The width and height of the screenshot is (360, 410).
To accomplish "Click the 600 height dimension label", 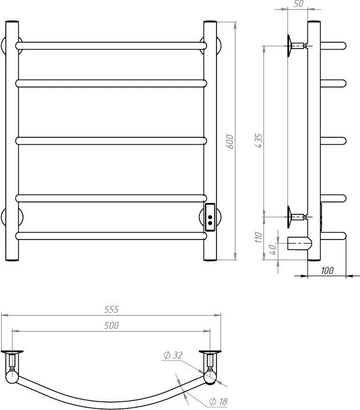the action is tap(230, 141).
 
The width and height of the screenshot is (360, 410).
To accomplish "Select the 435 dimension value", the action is tap(258, 141).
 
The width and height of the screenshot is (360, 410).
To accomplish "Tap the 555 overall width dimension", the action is tap(111, 309).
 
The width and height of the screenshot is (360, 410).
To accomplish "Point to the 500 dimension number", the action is tap(111, 325).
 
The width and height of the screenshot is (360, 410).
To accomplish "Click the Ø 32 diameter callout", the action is tap(173, 355).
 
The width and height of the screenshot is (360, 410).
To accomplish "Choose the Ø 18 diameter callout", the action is tap(218, 401).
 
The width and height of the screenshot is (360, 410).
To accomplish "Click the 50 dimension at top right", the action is tap(299, 3).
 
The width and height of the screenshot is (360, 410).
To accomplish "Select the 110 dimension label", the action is tap(259, 237).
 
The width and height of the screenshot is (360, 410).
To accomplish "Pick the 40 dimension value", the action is tap(273, 249).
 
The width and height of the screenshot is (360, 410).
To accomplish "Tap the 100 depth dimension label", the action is tap(327, 270).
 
